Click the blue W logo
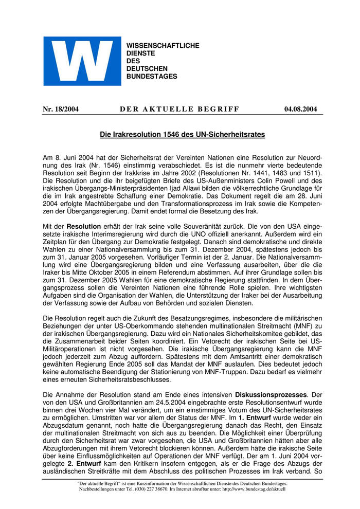pos(82,61)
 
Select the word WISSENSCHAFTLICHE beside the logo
pos(163,46)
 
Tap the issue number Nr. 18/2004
pos(60,109)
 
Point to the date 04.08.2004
pos(300,109)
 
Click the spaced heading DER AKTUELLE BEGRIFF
pos(179,109)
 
